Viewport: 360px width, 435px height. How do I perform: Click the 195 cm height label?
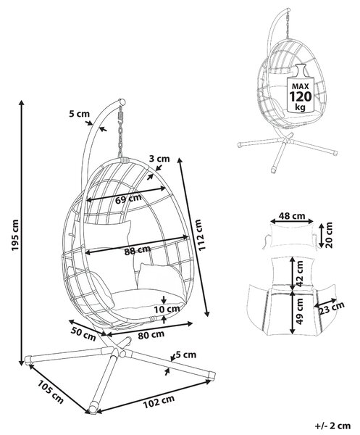coord(15,235)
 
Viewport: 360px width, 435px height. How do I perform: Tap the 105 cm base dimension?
coord(51,391)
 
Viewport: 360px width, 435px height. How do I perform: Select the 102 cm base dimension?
coord(159,402)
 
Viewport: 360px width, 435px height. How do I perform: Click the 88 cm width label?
coord(138,250)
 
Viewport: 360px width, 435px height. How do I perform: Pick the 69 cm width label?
coord(129,199)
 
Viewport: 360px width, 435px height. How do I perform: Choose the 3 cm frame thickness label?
coord(159,159)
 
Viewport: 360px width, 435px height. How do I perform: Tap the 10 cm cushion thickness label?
coord(167,310)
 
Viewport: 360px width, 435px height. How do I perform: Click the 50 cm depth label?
coord(83,334)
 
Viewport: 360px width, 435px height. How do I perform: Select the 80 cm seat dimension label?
coord(151,335)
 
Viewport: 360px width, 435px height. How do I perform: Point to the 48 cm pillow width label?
coord(292,216)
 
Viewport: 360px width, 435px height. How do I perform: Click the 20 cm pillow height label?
coord(330,235)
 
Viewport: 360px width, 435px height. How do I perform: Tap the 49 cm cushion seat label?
coord(300,311)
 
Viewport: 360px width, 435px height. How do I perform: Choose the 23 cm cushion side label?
coord(332,309)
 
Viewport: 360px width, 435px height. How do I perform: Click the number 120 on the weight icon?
coord(301,97)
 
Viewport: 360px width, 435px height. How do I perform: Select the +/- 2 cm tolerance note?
coord(332,426)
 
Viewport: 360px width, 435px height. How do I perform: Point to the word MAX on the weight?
coord(301,86)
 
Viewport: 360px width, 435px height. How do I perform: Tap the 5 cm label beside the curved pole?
coord(79,114)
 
